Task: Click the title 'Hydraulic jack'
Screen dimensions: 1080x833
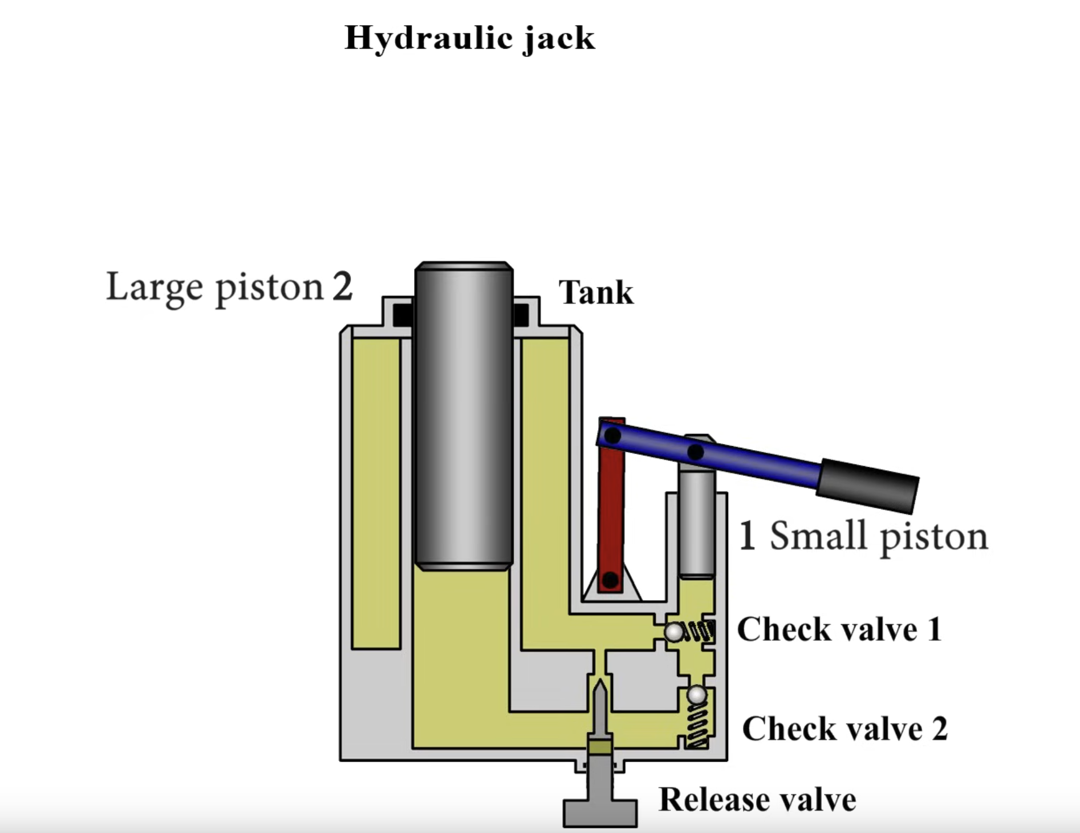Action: click(470, 39)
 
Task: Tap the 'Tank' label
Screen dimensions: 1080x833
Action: click(596, 293)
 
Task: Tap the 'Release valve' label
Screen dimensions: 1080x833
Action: click(757, 799)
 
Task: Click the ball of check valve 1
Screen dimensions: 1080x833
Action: click(675, 632)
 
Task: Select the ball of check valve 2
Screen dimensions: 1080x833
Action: click(697, 695)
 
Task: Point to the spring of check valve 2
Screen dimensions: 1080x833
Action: click(697, 726)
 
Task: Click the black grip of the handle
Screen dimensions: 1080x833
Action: click(867, 484)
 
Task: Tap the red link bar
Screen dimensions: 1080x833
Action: click(611, 506)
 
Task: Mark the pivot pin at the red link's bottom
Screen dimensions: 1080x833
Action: click(610, 580)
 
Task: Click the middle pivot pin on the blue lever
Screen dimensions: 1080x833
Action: click(695, 452)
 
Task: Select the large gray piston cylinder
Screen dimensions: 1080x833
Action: click(464, 416)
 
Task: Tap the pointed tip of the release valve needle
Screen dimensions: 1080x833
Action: click(600, 681)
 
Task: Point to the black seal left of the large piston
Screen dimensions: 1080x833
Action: click(403, 314)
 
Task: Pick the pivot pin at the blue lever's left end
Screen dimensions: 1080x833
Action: click(612, 436)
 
